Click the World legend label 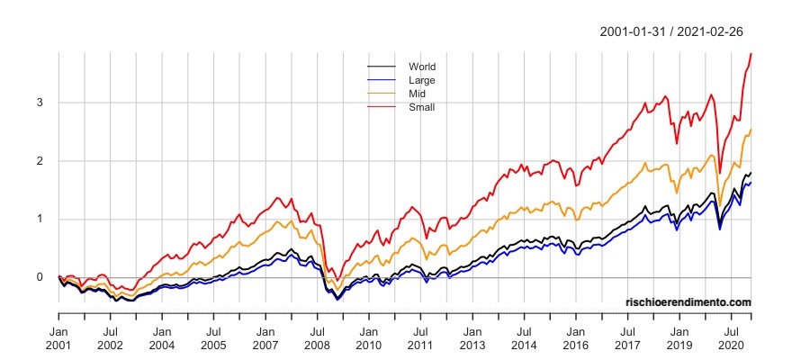tap(422, 67)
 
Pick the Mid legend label tap(418, 94)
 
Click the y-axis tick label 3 tap(39, 103)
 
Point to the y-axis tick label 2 tap(39, 161)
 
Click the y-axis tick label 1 tap(39, 219)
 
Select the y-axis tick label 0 tap(39, 277)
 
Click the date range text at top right tap(670, 31)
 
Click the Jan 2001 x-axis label tap(58, 337)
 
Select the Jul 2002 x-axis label tap(110, 337)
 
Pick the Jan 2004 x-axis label tap(162, 337)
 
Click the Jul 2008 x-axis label tap(317, 337)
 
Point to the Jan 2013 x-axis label tap(472, 337)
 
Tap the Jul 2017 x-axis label tap(628, 337)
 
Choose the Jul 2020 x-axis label tap(732, 337)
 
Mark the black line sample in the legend tap(382, 67)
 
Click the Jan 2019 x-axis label tap(679, 337)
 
